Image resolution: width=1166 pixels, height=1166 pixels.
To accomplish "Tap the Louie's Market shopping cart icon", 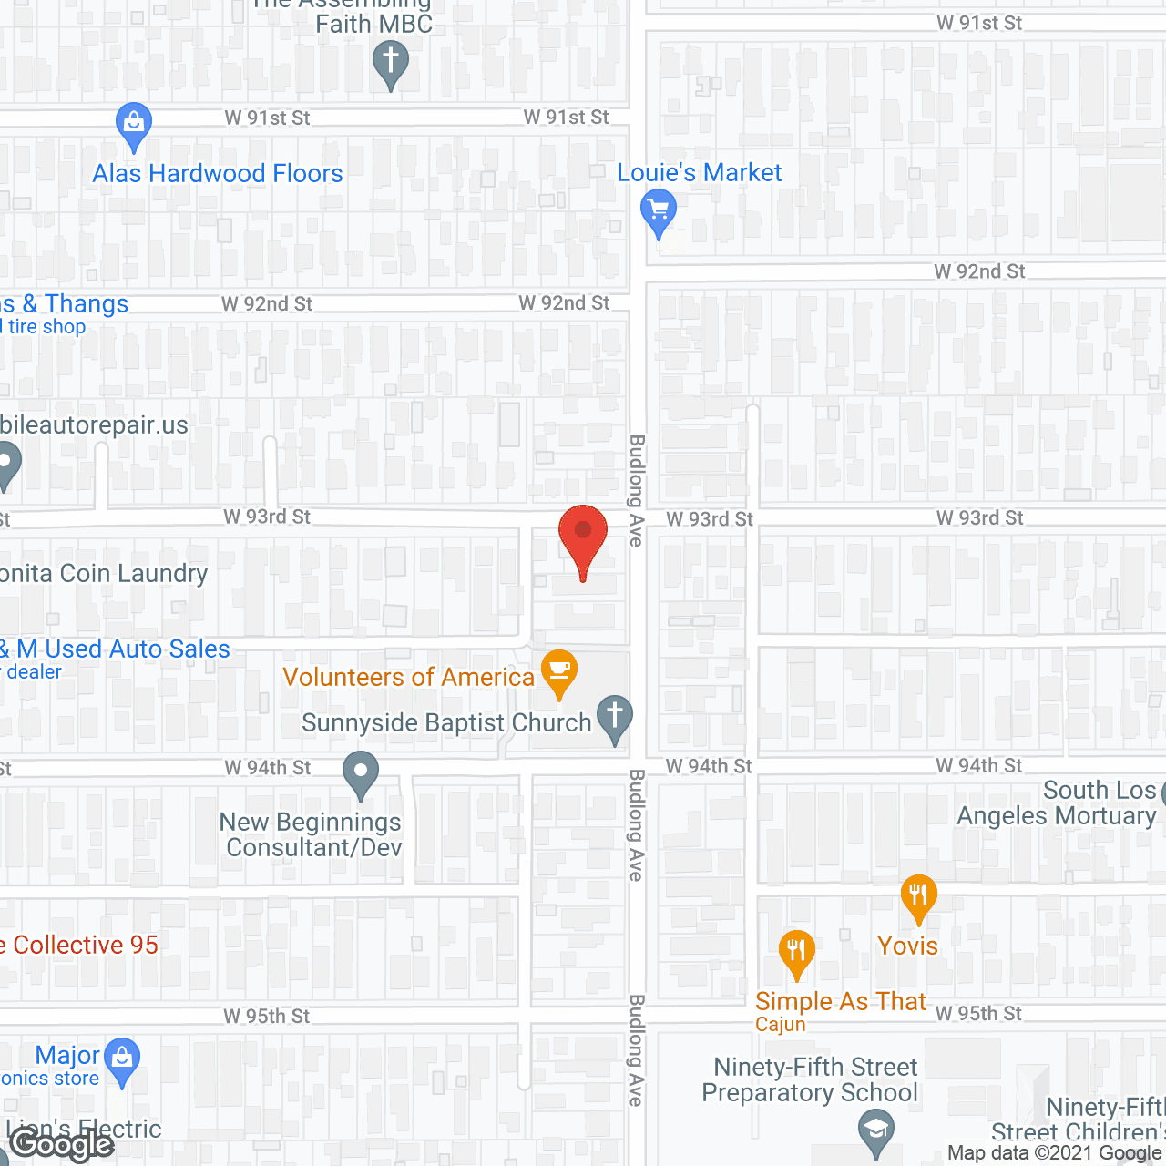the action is (658, 211).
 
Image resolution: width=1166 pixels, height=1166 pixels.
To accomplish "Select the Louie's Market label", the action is (699, 172).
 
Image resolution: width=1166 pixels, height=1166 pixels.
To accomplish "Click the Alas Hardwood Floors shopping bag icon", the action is (134, 124).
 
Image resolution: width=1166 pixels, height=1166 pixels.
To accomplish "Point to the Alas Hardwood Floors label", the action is (218, 173).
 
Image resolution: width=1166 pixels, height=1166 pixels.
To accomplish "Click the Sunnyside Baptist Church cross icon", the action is (615, 716).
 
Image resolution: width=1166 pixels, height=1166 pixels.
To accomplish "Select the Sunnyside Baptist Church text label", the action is (446, 722).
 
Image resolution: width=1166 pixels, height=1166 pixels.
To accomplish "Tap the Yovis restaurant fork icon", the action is (918, 896).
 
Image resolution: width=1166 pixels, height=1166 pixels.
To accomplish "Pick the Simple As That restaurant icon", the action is (797, 951).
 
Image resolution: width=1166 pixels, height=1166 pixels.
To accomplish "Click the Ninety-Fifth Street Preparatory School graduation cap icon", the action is (876, 1130).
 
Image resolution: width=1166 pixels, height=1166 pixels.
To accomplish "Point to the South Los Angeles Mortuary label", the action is (1057, 803).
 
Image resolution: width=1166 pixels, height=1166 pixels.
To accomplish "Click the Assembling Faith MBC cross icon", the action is (391, 64).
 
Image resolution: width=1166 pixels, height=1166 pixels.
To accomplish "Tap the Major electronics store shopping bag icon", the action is (121, 1059).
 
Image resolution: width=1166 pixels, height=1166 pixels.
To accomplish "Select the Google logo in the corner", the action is (62, 1144).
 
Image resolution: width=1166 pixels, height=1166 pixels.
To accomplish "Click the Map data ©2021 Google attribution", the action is (1055, 1152).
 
